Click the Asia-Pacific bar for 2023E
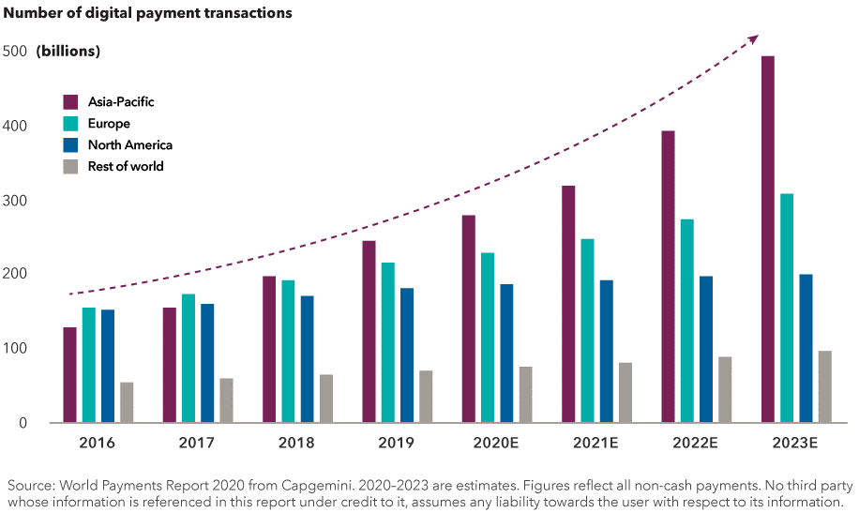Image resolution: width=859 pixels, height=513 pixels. click(x=768, y=239)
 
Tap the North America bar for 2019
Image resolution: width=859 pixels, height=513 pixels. click(x=407, y=355)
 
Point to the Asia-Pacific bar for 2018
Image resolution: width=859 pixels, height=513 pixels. click(x=269, y=349)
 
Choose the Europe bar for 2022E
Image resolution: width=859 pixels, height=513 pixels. click(x=687, y=321)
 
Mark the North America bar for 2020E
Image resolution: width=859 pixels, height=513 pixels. click(x=506, y=353)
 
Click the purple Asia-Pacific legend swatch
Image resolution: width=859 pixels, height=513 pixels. click(x=70, y=101)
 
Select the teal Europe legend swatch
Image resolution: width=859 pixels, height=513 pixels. click(x=70, y=123)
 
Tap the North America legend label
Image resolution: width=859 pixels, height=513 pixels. click(x=130, y=144)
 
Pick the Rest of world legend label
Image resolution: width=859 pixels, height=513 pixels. click(x=126, y=166)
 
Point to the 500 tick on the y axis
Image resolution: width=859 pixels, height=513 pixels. click(x=15, y=51)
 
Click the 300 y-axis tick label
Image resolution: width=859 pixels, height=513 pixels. click(x=15, y=201)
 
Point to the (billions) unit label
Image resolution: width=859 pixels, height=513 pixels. click(x=68, y=51)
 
